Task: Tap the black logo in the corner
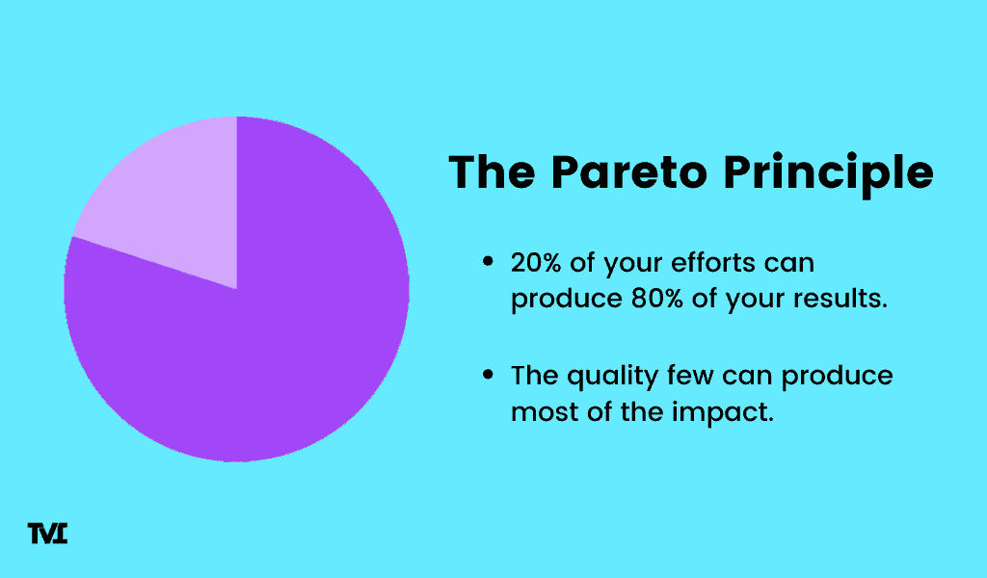point(47,534)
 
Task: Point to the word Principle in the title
point(828,174)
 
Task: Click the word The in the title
point(492,171)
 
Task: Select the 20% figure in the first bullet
point(536,262)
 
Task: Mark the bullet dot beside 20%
point(488,262)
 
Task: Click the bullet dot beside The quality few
point(488,375)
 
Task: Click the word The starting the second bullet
point(534,376)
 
